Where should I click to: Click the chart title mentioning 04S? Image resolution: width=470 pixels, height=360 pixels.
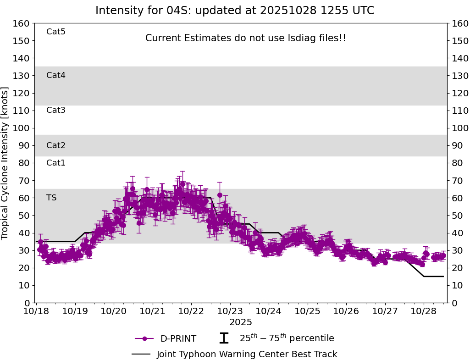[x=235, y=11]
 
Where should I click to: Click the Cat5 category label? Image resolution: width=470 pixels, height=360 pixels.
[x=56, y=32]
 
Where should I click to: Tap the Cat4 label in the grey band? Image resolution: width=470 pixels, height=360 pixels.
[x=56, y=75]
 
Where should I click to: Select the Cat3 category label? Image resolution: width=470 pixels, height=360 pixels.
[x=56, y=110]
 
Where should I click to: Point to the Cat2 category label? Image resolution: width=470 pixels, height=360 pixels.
[x=56, y=145]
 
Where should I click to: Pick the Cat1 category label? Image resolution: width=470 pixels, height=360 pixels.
[x=56, y=163]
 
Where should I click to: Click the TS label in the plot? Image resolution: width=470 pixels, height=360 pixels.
[x=51, y=198]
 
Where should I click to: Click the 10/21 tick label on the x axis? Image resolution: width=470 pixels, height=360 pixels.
[x=152, y=311]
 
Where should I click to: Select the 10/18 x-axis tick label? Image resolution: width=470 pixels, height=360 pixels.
[x=36, y=311]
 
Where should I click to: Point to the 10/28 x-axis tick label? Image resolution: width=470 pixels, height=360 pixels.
[x=423, y=311]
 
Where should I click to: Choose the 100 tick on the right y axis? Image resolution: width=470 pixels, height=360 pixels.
[x=459, y=128]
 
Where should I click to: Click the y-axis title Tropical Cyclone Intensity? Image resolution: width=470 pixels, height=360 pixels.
[x=6, y=163]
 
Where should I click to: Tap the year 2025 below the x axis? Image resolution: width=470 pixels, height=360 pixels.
[x=241, y=322]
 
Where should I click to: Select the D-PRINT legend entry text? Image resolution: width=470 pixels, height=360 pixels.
[x=178, y=339]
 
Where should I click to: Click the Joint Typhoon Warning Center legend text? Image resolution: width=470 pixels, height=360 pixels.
[x=247, y=354]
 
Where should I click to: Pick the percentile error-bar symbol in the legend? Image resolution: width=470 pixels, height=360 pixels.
[x=224, y=338]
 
